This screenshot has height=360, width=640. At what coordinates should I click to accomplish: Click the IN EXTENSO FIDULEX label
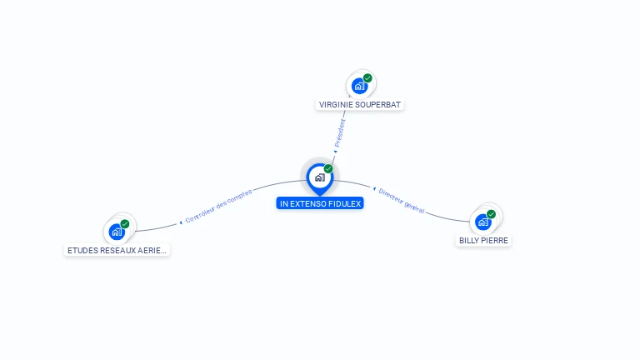[x=320, y=203]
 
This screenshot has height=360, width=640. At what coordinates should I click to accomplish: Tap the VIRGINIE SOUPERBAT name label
[x=360, y=105]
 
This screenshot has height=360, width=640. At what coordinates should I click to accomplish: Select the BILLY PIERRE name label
[x=483, y=240]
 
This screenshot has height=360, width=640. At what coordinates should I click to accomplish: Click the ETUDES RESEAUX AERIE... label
[x=117, y=250]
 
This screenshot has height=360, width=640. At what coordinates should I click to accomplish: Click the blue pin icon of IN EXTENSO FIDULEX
[x=319, y=177]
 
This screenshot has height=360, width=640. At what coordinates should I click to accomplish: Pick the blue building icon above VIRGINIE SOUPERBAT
[x=359, y=86]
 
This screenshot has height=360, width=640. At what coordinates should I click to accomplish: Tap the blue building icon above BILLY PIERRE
[x=482, y=222]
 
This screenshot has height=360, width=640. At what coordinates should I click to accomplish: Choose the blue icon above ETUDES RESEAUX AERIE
[x=117, y=232]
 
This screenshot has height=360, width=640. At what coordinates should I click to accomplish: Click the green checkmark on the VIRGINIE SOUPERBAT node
[x=367, y=78]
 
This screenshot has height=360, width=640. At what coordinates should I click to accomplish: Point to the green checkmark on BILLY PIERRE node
[x=491, y=214]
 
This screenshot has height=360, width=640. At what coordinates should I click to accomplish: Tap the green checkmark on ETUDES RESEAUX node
[x=125, y=224]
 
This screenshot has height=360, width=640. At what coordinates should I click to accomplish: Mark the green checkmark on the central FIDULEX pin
[x=328, y=169]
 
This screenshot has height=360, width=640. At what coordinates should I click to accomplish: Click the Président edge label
[x=339, y=133]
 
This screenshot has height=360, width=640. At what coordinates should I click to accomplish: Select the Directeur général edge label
[x=401, y=201]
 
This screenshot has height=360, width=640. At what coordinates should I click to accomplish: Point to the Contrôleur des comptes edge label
[x=218, y=209]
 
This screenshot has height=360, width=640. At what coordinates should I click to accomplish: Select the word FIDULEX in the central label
[x=345, y=203]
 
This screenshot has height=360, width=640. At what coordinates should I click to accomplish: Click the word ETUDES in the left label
[x=82, y=250]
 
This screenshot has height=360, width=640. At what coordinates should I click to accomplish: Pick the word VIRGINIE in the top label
[x=335, y=105]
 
